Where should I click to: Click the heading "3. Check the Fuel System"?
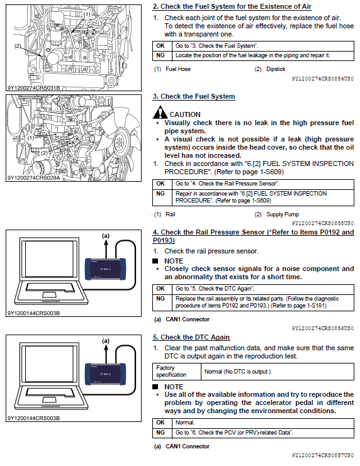(x=194, y=97)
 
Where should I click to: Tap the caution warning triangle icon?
(x=160, y=113)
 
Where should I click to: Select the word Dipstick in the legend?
(x=276, y=69)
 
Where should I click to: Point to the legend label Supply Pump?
(x=283, y=214)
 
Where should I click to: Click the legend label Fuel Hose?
(x=178, y=69)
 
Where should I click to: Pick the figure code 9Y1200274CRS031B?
(x=33, y=88)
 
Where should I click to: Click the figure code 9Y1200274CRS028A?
(x=33, y=178)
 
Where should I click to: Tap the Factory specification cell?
(x=177, y=372)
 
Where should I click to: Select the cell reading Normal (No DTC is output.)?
(x=278, y=372)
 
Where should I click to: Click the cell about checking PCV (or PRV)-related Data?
(x=263, y=433)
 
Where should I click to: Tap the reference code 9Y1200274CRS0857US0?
(x=323, y=455)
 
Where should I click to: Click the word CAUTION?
(x=185, y=114)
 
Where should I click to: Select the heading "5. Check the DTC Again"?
(x=191, y=337)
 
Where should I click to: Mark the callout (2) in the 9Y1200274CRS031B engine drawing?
(x=18, y=46)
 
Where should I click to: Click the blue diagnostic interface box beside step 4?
(x=106, y=269)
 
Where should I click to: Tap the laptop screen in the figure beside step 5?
(x=49, y=363)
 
